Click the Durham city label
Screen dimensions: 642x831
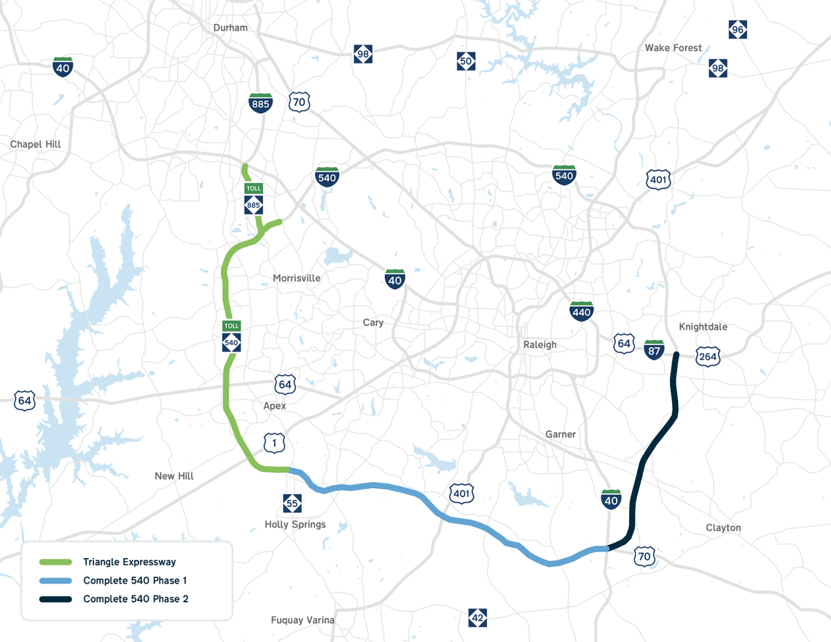(x=230, y=28)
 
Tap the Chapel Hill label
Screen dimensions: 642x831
(x=36, y=144)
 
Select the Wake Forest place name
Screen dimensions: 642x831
(x=673, y=48)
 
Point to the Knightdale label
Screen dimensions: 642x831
(x=703, y=327)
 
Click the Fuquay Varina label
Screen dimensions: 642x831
(x=303, y=620)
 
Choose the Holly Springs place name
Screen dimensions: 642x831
(x=295, y=525)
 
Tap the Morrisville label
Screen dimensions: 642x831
(x=296, y=278)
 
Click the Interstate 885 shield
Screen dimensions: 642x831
(x=260, y=102)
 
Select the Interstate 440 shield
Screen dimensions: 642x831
(x=581, y=311)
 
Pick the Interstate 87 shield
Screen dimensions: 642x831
(x=654, y=349)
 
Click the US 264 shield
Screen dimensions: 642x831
(x=707, y=356)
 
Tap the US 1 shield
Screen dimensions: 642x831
(x=275, y=442)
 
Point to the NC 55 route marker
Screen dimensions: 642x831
(x=292, y=503)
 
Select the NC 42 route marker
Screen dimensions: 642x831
(x=477, y=618)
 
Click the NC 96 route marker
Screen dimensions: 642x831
(x=738, y=30)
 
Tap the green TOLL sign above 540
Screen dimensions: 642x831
(x=231, y=326)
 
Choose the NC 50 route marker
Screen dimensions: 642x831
(x=466, y=61)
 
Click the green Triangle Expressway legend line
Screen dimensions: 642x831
(x=55, y=562)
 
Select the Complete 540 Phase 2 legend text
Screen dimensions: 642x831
(x=136, y=599)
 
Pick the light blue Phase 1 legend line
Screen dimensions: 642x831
(x=55, y=581)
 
